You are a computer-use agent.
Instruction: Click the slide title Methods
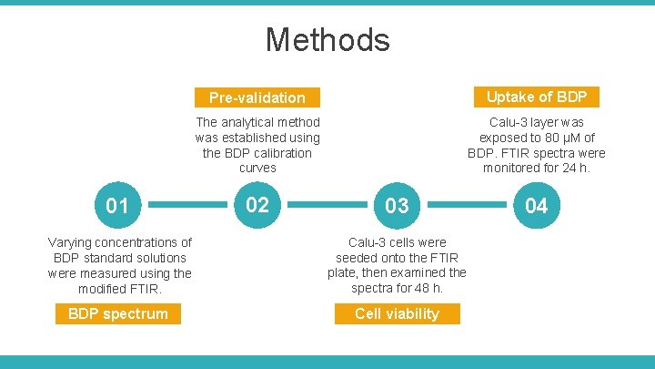click(327, 40)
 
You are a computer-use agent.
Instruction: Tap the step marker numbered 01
click(117, 206)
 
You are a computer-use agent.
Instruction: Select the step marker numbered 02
click(257, 205)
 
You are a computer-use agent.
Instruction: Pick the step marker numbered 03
click(397, 206)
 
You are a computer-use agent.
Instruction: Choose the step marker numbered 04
click(537, 206)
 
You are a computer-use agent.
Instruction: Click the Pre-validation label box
click(257, 97)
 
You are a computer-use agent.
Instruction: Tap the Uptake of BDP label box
click(537, 97)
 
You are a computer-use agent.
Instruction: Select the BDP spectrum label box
click(118, 313)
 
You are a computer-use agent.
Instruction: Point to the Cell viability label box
click(397, 313)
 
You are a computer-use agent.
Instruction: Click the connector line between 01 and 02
click(187, 206)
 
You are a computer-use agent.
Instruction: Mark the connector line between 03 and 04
click(467, 206)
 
